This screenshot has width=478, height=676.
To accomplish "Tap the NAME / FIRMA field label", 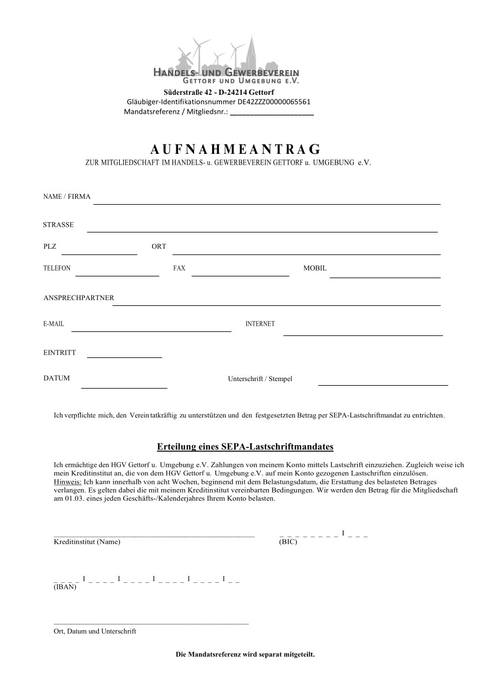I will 67,197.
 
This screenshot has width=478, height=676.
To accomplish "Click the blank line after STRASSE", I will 262,231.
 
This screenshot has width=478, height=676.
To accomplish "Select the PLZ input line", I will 99,253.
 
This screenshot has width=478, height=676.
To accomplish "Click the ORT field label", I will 158,246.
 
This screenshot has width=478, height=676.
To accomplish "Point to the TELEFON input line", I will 117,275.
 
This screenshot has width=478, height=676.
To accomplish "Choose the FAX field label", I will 179,268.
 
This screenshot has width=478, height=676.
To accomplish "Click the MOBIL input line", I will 384,277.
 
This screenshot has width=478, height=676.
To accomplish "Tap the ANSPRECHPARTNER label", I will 79,298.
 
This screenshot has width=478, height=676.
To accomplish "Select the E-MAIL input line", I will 151,331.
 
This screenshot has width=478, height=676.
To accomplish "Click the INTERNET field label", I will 260,324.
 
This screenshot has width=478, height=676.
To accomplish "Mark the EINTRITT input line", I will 124,357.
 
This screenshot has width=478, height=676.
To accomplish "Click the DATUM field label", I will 57,378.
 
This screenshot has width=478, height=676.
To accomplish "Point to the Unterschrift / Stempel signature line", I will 383,385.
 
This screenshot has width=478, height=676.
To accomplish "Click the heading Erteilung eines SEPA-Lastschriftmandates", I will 245,447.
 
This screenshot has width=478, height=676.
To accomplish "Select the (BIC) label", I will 288,542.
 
